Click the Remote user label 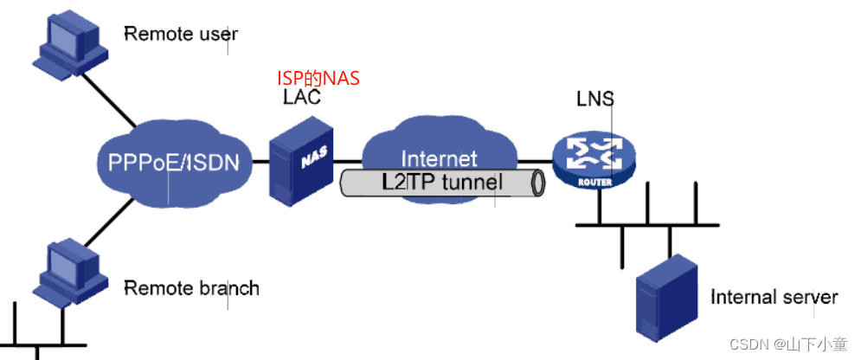point(180,35)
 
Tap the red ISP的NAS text point(318,79)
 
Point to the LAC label point(302,97)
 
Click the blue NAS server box point(301,160)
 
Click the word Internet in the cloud point(439,159)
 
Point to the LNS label point(595,99)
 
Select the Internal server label point(774,298)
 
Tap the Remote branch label point(191,287)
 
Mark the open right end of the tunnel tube point(538,183)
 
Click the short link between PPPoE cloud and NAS point(260,161)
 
